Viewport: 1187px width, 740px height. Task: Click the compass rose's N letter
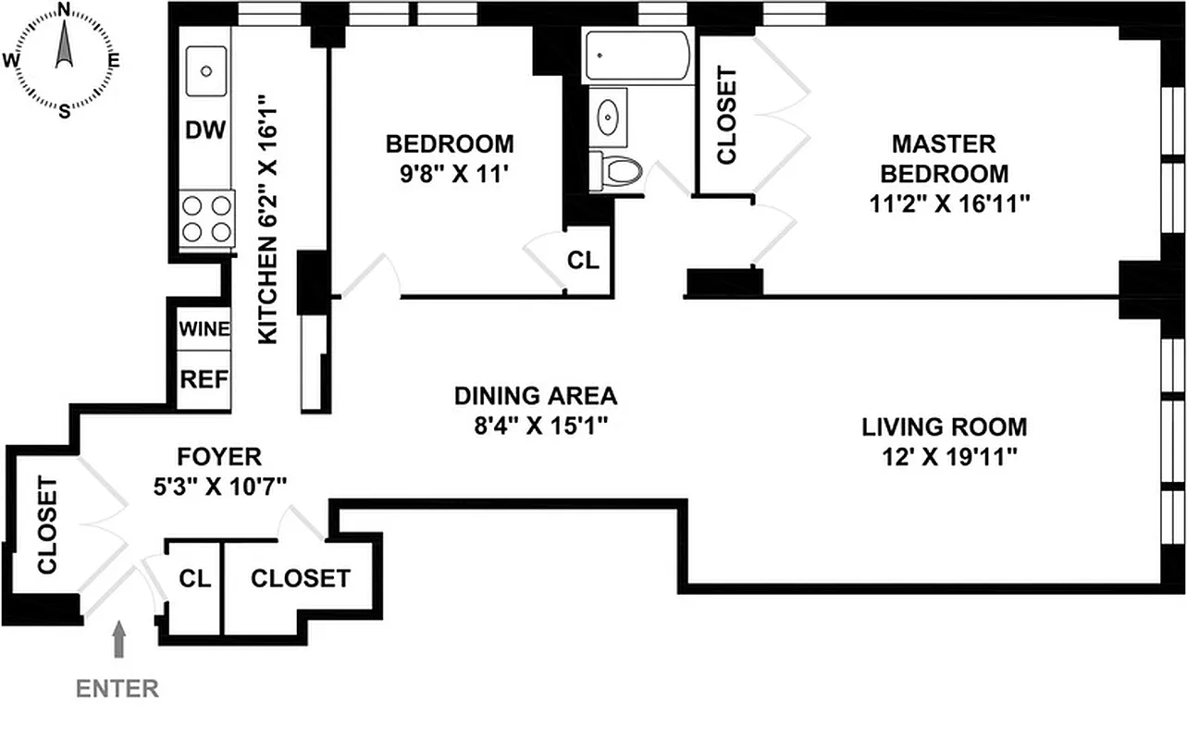click(64, 10)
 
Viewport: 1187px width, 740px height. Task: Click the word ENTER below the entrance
click(117, 688)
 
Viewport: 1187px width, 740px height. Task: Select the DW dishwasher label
click(205, 130)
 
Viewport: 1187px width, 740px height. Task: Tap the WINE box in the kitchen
click(204, 328)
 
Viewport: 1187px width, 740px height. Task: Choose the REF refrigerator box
click(204, 379)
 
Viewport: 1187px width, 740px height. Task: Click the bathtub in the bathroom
click(637, 55)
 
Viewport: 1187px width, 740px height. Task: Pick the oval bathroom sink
click(609, 117)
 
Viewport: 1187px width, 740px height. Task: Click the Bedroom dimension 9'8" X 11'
click(450, 173)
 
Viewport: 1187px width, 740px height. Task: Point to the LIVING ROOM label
click(944, 427)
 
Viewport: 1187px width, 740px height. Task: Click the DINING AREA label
click(535, 397)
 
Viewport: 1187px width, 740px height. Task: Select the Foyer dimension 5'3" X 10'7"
click(218, 485)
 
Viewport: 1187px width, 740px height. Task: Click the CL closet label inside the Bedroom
click(583, 261)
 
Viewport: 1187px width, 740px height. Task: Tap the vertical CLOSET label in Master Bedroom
click(726, 116)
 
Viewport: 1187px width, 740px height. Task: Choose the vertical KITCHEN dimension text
click(267, 218)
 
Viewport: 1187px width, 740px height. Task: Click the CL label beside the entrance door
click(195, 579)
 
